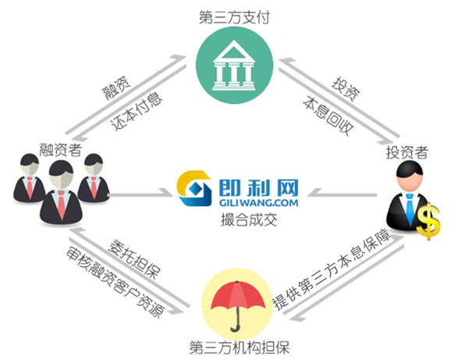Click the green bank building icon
(x=234, y=65)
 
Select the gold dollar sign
(x=428, y=220)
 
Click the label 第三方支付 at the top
(x=234, y=17)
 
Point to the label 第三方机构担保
(x=240, y=348)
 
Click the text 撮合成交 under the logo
(x=249, y=219)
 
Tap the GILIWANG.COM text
(x=258, y=202)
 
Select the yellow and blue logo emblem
(x=193, y=189)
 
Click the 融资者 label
(x=60, y=150)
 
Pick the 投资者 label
(x=407, y=152)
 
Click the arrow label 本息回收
(x=328, y=116)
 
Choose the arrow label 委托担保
(x=133, y=259)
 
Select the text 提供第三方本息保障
(x=332, y=269)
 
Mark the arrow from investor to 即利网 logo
(x=343, y=194)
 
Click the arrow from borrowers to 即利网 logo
(x=140, y=194)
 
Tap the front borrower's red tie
(x=61, y=205)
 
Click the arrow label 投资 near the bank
(x=346, y=89)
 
